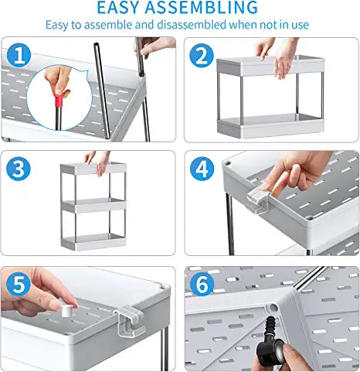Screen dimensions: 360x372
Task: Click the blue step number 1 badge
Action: click(19, 56)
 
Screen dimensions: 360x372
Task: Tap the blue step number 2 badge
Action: click(202, 56)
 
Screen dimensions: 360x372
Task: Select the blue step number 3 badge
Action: click(19, 169)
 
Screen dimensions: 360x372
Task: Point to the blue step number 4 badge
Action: click(202, 169)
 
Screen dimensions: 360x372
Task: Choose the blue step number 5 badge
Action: click(19, 285)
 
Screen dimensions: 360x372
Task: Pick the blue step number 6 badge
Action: click(202, 284)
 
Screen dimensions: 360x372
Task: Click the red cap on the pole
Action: click(59, 101)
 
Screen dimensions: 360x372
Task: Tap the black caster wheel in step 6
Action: click(270, 347)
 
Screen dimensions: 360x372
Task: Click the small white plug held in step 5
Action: click(67, 311)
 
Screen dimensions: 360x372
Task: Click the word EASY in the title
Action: click(118, 7)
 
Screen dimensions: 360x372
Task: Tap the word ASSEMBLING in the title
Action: click(202, 7)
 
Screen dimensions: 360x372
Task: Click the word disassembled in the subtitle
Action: click(192, 25)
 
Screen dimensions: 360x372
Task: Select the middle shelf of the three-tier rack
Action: click(93, 206)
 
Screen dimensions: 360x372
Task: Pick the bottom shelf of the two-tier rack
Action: click(270, 125)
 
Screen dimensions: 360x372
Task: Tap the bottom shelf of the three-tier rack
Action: click(93, 242)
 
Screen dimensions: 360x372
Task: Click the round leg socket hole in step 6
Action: click(273, 308)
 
